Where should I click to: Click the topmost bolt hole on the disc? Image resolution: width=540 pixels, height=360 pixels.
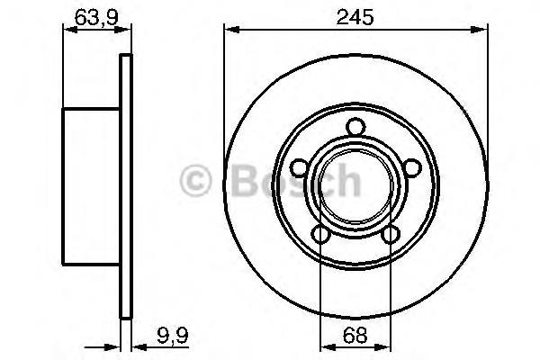[355, 127]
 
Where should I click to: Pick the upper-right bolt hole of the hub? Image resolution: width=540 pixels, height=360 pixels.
[414, 168]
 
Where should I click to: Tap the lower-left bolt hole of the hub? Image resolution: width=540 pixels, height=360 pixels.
[319, 235]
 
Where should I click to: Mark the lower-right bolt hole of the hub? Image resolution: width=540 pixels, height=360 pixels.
[391, 235]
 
